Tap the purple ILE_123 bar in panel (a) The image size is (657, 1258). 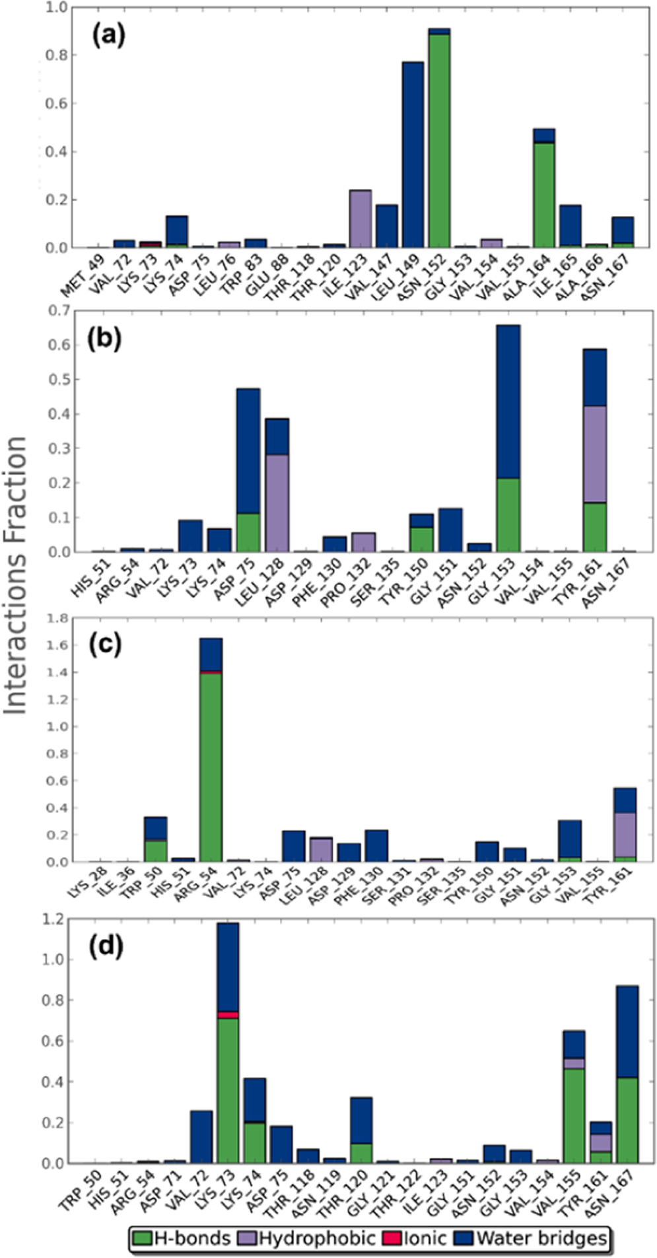point(361,219)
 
